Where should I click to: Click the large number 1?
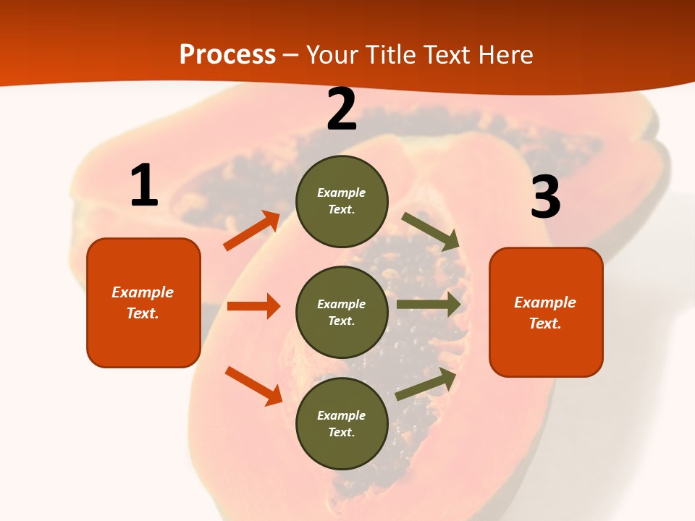(x=144, y=186)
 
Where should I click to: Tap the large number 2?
(x=342, y=109)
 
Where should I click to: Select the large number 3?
(x=545, y=197)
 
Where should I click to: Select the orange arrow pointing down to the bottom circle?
(x=253, y=386)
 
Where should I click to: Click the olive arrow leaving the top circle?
(x=431, y=231)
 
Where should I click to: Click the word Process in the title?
(x=227, y=54)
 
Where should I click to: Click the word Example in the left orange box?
(x=143, y=292)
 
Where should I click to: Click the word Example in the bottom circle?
(x=341, y=415)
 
